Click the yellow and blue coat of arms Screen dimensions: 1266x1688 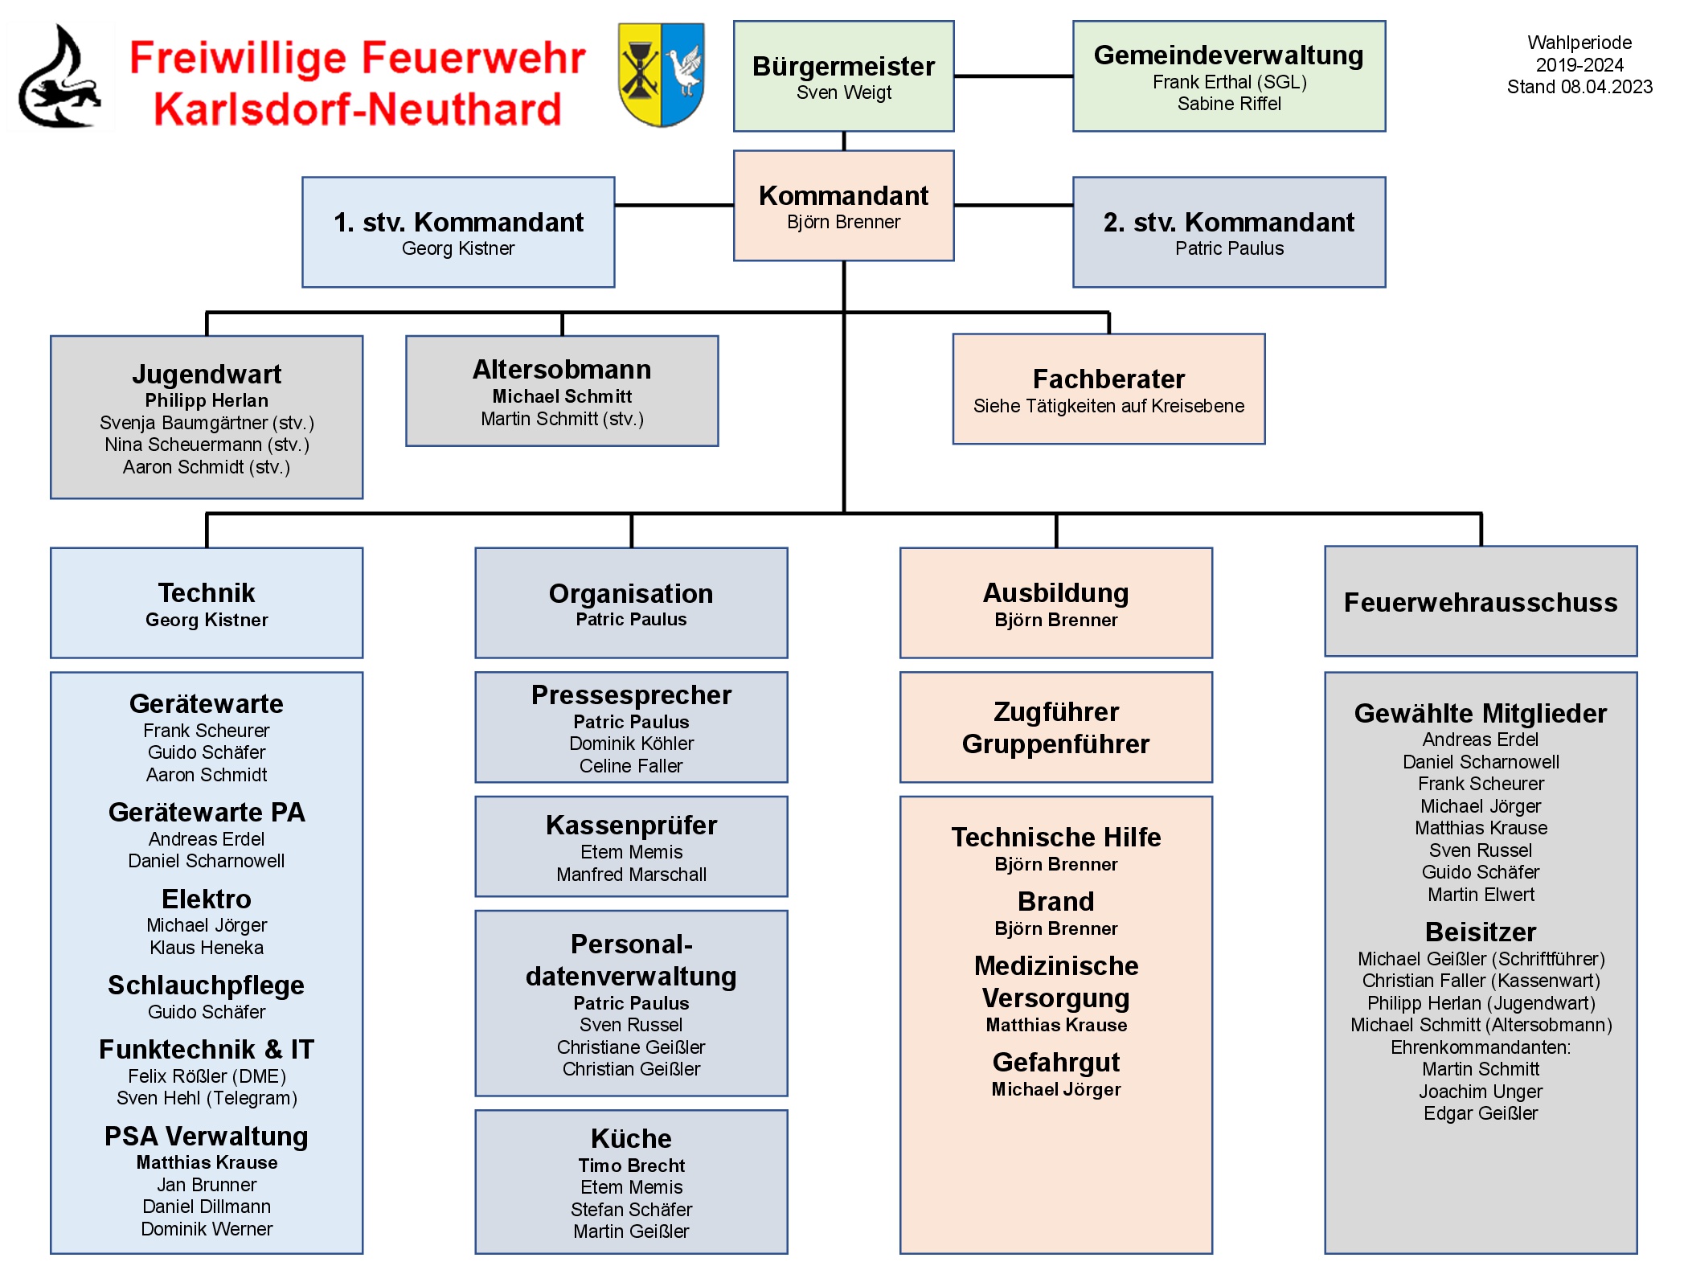[661, 74]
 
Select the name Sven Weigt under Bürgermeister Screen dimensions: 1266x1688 [843, 92]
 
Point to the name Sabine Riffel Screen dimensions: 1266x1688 [1228, 104]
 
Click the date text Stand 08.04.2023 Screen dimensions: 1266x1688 [1579, 87]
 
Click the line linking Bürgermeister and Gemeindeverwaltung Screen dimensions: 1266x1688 [1013, 76]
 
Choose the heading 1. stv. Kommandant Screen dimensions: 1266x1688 [458, 222]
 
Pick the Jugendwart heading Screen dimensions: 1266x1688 [207, 374]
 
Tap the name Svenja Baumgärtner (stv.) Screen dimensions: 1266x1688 [207, 423]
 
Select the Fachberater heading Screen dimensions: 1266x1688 [1108, 379]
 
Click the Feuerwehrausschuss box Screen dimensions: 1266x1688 [1480, 602]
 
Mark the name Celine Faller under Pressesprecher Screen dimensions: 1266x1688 [631, 766]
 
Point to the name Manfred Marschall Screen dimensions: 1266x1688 [631, 875]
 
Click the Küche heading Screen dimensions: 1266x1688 [631, 1138]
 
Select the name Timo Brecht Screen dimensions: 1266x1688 [631, 1166]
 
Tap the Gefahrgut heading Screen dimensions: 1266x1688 [1055, 1062]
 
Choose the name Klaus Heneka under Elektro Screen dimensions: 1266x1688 [207, 948]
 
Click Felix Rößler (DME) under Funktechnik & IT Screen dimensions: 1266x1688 [207, 1076]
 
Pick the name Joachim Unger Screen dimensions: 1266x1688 [1480, 1092]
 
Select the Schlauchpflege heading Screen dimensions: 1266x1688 [207, 985]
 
